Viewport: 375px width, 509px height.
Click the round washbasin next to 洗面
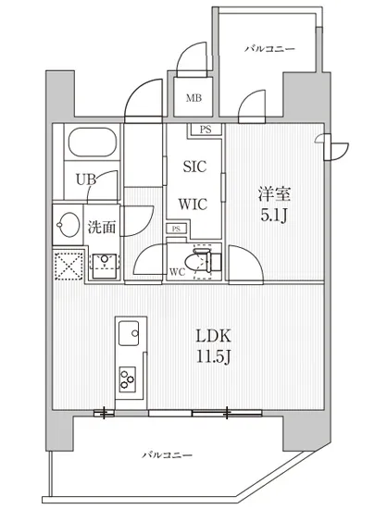click(69, 224)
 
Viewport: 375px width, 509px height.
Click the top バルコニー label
click(270, 47)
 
